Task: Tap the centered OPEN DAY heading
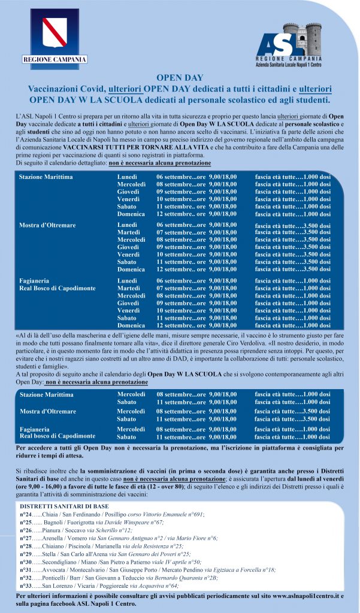[x=179, y=78]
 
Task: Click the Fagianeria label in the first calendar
[x=35, y=281]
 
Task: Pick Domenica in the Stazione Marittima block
[x=131, y=214]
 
